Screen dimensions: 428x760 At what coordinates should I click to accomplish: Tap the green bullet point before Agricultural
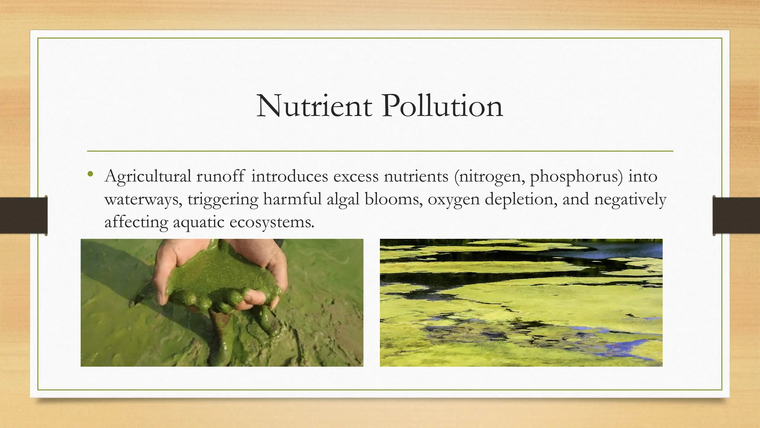pyautogui.click(x=91, y=174)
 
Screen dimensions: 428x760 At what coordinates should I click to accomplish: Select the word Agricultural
pyautogui.click(x=148, y=176)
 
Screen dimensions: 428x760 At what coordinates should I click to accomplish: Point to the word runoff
pyautogui.click(x=220, y=176)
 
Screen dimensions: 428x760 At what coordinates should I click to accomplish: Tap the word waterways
pyautogui.click(x=143, y=200)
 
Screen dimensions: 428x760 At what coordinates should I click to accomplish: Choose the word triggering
pyautogui.click(x=223, y=200)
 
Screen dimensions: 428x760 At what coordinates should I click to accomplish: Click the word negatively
pyautogui.click(x=630, y=200)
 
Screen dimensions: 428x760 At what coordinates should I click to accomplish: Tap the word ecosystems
pyautogui.click(x=272, y=222)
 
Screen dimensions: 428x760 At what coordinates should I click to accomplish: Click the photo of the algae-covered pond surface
pyautogui.click(x=521, y=303)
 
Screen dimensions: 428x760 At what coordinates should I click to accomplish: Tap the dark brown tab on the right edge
pyautogui.click(x=737, y=215)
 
